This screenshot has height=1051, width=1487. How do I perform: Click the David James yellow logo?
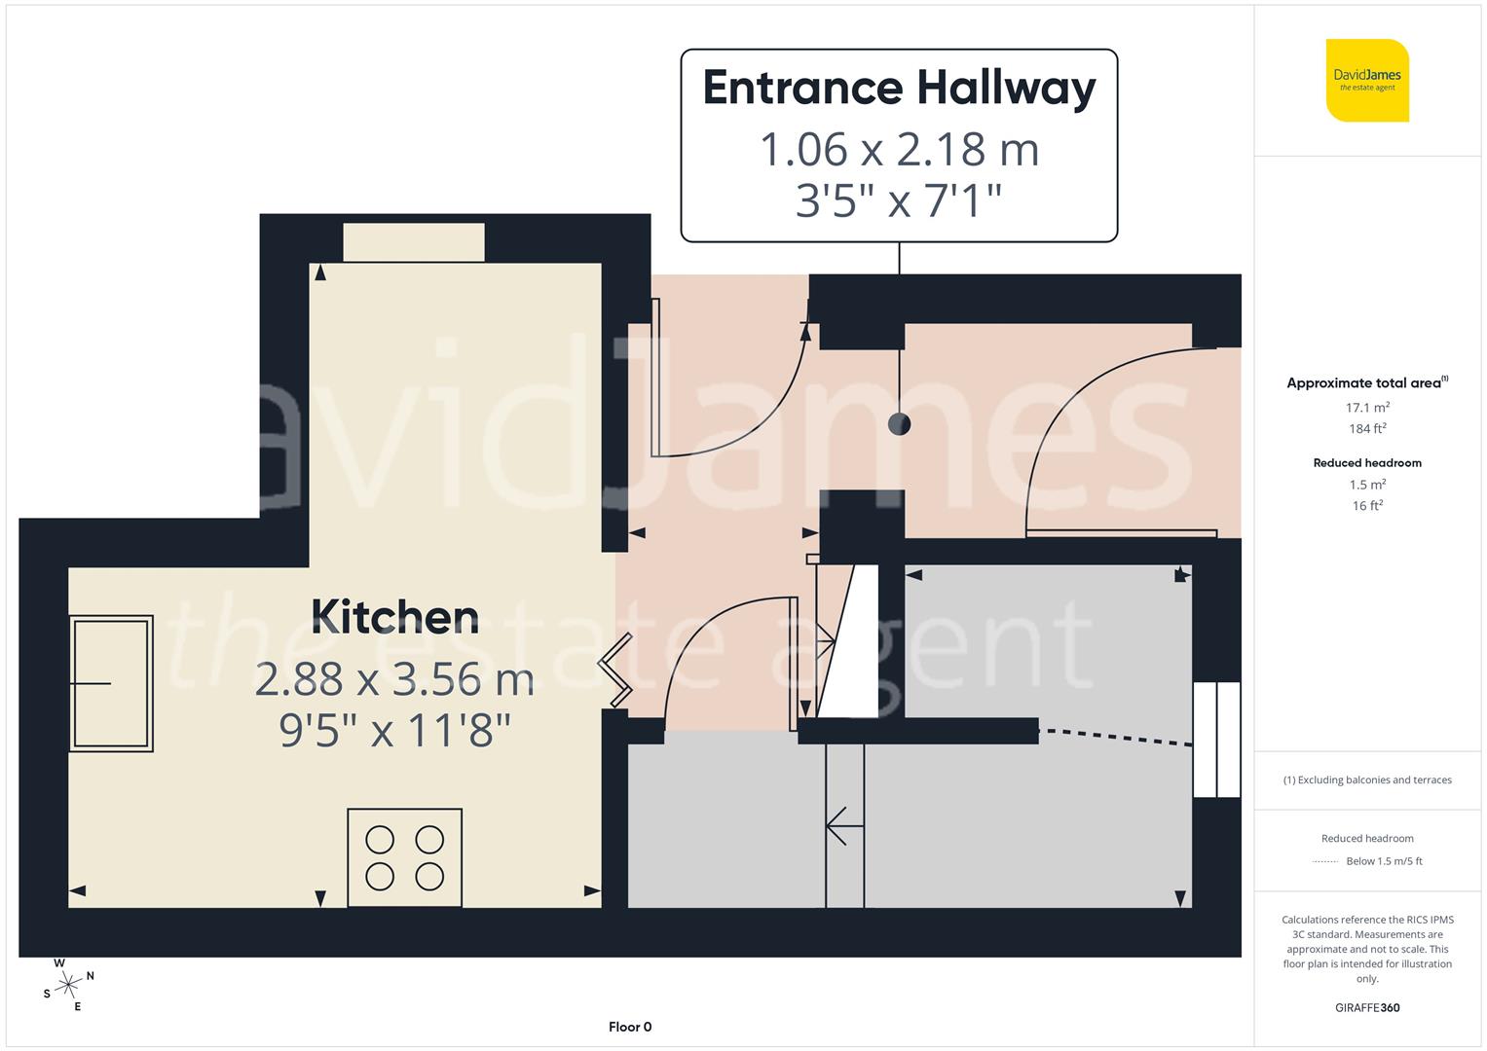coord(1367,81)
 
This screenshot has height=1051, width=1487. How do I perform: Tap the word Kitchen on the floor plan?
coord(395,618)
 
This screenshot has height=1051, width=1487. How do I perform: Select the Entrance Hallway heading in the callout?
coord(899,88)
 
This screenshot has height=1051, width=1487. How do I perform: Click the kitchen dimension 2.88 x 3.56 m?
coord(394,679)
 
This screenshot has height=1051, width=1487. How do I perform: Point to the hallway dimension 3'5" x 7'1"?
coord(899,201)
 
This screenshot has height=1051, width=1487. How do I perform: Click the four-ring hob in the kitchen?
coord(404,857)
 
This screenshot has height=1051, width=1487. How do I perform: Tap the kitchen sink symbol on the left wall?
coord(111,683)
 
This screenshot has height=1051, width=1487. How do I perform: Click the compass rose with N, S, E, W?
coord(67,986)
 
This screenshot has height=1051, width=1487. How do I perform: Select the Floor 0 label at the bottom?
coord(630,1027)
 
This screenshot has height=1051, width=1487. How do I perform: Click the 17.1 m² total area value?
coord(1367,408)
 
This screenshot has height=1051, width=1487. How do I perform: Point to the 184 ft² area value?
coord(1367,429)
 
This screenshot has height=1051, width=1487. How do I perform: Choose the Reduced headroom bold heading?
coord(1367,463)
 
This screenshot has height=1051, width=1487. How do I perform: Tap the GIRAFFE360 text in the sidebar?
coord(1367,1008)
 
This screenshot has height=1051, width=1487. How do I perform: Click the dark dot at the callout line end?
coord(899,424)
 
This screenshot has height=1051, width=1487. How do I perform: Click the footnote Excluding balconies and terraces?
coord(1367,780)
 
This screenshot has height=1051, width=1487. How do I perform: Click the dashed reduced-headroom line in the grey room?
coord(1115,737)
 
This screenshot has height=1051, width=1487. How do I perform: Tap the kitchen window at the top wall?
coord(414,242)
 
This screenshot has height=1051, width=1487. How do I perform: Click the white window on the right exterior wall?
coord(1216,740)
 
